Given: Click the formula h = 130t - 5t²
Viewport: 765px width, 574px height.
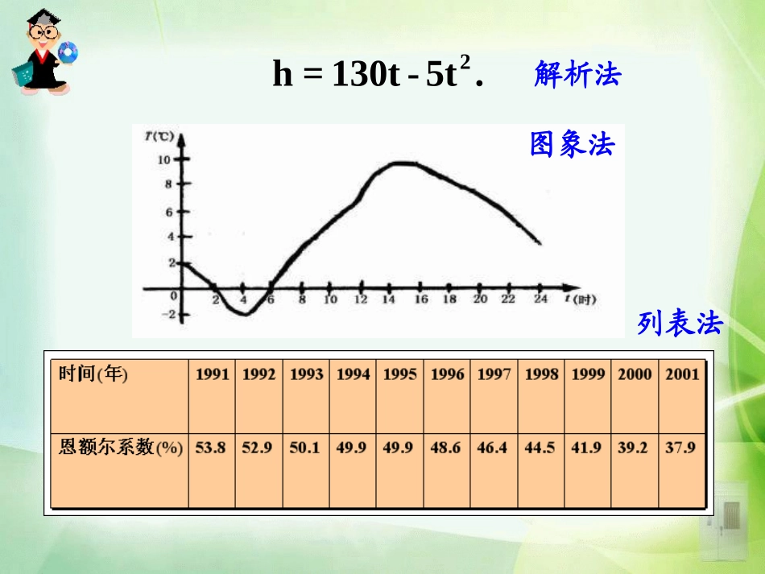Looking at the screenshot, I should [x=377, y=75].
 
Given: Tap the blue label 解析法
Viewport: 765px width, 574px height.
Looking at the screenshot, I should [x=577, y=75].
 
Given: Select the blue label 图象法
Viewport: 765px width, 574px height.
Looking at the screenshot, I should [x=572, y=144].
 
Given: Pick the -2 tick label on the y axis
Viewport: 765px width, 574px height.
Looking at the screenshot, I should [x=167, y=315].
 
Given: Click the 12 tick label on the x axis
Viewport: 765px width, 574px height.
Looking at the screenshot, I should [x=360, y=299].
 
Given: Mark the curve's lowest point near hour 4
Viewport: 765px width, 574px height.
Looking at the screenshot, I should [x=245, y=314].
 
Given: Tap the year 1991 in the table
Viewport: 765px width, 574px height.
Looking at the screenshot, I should [x=212, y=374].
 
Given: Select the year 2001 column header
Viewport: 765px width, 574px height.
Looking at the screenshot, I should [x=681, y=374].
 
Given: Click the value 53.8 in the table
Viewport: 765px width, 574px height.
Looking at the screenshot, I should [x=211, y=447].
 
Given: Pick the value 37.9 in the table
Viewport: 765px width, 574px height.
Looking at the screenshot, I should [x=680, y=447].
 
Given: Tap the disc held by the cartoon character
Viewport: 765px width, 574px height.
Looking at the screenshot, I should [x=68, y=52].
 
